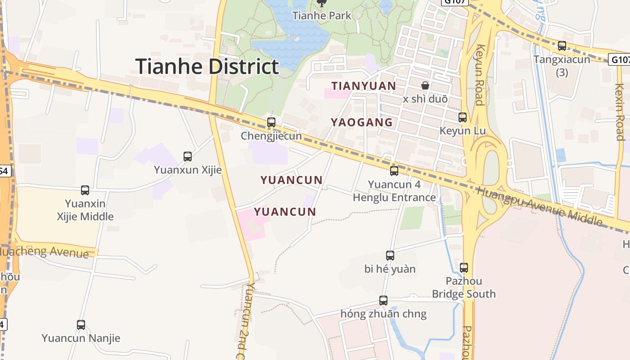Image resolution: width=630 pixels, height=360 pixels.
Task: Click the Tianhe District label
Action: click(207, 67)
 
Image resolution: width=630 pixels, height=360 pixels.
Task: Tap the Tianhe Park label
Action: click(321, 16)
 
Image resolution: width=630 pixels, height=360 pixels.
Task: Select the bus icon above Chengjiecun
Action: click(271, 122)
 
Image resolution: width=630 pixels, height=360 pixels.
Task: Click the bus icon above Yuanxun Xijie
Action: click(188, 157)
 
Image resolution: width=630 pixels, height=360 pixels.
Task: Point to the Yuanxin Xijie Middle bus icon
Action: click(85, 190)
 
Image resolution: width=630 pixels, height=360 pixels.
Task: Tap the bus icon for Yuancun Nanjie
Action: click(81, 324)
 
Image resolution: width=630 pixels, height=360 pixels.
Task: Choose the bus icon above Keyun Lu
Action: click(463, 117)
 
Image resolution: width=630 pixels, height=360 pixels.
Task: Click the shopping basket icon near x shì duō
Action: click(425, 85)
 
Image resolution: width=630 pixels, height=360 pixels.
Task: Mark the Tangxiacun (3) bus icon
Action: click(562, 46)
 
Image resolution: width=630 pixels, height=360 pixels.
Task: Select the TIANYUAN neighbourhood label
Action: click(364, 86)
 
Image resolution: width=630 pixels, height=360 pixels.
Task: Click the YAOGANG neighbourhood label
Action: click(362, 122)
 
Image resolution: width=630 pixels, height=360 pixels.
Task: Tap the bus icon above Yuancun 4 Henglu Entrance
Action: click(394, 171)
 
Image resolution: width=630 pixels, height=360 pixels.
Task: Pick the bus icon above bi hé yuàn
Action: click(390, 256)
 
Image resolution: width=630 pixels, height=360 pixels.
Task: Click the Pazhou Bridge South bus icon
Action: click(464, 267)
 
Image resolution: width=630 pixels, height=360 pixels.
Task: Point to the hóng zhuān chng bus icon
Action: click(383, 300)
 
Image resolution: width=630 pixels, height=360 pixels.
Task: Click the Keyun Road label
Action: click(480, 75)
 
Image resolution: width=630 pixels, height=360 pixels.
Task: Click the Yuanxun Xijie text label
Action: click(188, 170)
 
